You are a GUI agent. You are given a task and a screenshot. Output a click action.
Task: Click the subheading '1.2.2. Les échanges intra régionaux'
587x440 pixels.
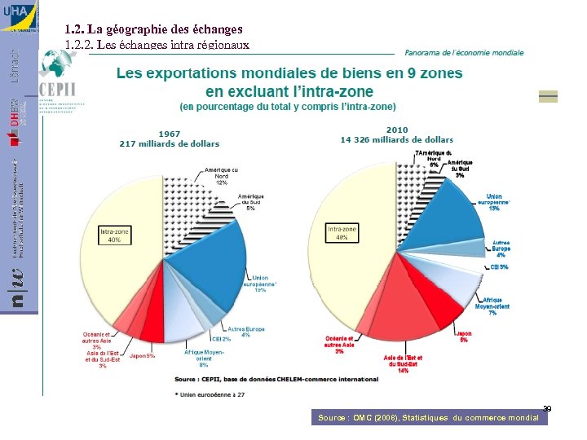point(157,44)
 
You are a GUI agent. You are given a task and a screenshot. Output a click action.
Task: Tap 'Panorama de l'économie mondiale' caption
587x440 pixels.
point(464,52)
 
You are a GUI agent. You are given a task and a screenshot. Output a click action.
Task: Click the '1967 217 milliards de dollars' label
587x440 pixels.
point(169,139)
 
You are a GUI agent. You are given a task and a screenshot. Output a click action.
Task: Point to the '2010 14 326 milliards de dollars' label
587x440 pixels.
point(396,134)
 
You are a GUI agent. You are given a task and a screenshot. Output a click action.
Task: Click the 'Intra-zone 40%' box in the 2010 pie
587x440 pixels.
point(343,233)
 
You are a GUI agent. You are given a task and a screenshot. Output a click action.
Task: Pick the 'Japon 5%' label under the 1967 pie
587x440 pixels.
point(142,355)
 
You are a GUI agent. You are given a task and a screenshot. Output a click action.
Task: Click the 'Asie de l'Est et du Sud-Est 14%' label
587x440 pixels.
point(403,363)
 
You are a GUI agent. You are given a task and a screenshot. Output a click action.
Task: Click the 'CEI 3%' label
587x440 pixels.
point(499,266)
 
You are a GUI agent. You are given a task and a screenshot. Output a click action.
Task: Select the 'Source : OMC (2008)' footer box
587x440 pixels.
point(428,417)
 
